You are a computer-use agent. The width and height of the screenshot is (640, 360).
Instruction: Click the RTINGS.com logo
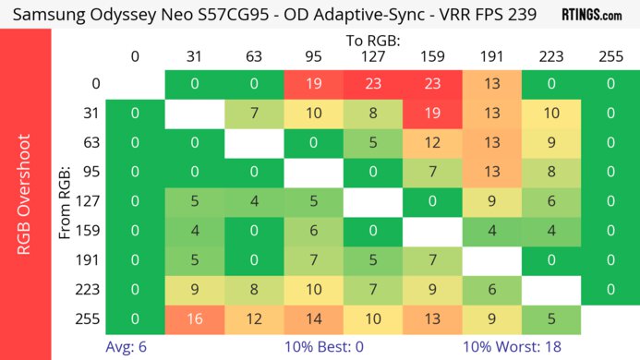591,15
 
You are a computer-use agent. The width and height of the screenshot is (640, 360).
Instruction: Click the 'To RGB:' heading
371,41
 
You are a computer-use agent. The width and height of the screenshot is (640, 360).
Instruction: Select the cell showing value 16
195,319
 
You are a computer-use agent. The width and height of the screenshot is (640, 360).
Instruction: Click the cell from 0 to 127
371,84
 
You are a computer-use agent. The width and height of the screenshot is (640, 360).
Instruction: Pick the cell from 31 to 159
431,114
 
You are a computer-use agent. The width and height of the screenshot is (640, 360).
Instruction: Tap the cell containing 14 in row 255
313,319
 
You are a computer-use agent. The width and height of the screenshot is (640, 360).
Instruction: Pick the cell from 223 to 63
254,291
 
